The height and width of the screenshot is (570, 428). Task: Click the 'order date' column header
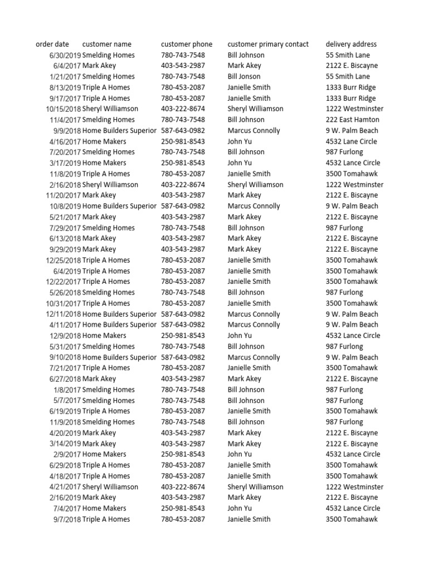[52, 44]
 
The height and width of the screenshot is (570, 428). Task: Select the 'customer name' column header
[107, 44]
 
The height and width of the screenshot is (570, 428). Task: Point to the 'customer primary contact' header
[268, 44]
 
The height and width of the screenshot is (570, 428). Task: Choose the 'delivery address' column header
[351, 44]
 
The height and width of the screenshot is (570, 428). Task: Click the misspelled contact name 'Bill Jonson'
[244, 76]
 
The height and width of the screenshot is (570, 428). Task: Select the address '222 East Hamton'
[352, 120]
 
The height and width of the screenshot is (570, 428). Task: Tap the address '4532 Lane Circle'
[351, 141]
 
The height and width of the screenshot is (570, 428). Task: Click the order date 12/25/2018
[64, 260]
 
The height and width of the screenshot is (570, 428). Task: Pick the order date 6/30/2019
[65, 55]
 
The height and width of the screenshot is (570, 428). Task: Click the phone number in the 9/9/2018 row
[183, 131]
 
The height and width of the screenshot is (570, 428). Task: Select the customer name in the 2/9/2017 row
[104, 454]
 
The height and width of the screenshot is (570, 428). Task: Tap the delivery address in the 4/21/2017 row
[354, 487]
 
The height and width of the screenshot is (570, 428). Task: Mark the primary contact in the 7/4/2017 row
[240, 508]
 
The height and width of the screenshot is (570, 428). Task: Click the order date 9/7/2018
[67, 519]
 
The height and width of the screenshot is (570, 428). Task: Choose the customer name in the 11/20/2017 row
[99, 195]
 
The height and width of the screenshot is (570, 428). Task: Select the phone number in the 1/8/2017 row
[183, 390]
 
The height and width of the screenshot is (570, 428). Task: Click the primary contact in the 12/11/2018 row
[254, 314]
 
